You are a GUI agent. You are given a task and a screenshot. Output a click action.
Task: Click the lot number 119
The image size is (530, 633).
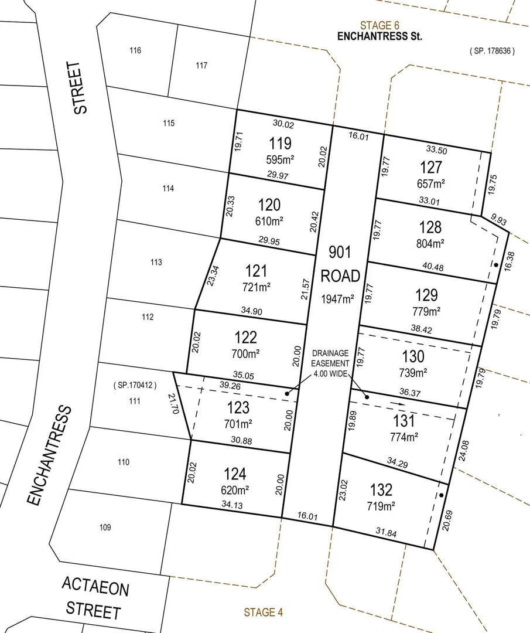pos(280,144)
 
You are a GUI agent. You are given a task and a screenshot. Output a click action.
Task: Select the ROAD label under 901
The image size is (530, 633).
pos(340,276)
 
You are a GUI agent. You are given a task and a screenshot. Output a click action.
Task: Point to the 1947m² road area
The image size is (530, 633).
pos(337,300)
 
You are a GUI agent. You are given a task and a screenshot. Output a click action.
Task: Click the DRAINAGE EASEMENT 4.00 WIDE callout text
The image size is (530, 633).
pos(330,363)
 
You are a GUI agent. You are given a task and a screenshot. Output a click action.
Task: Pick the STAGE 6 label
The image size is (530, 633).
pos(379,25)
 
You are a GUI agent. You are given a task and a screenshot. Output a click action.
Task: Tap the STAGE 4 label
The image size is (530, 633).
pos(264,612)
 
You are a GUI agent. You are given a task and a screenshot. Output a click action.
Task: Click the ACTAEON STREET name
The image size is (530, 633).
pos(94,598)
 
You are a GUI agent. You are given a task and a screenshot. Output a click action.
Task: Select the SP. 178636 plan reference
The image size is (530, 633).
pos(492,51)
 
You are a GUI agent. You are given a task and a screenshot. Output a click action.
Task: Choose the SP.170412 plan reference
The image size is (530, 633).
pos(135,385)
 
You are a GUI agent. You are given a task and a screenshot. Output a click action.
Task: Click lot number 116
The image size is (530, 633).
pos(135,51)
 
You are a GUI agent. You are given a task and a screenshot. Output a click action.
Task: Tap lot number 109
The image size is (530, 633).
pos(105,527)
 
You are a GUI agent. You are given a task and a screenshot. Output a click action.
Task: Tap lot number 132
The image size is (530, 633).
pos(381,489)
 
